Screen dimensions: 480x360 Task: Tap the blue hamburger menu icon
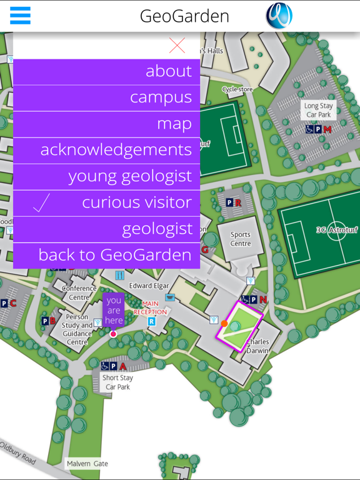20,16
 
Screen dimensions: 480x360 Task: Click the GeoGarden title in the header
184,16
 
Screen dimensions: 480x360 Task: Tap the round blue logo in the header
279,16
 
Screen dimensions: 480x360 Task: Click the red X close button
177,45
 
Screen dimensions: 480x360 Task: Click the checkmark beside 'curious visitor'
41,203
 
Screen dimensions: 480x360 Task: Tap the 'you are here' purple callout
114,309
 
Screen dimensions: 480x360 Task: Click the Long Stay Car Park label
319,110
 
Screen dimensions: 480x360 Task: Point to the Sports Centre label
241,239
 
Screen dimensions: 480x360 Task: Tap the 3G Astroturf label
336,230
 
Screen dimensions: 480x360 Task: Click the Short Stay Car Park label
117,382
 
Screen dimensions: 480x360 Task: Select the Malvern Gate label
87,464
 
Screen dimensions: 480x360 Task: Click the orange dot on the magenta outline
224,324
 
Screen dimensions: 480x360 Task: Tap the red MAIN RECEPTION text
150,307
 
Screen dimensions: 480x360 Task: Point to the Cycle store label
237,89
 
